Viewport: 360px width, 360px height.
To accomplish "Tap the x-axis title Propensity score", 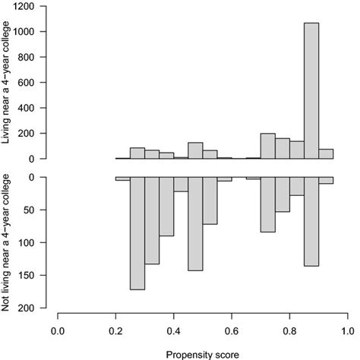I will click(201, 353).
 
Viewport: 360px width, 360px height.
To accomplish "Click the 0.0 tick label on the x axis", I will click(58, 330).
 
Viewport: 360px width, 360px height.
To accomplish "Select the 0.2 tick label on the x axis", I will click(115, 330).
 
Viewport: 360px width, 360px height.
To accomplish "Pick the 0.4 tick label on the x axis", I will click(173, 330).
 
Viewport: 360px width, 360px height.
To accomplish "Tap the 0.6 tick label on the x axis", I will click(232, 330).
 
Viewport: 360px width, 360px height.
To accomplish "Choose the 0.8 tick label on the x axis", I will click(289, 330).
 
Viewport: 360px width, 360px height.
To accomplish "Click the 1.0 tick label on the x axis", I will click(347, 330).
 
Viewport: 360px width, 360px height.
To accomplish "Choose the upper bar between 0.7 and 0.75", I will click(267, 147).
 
